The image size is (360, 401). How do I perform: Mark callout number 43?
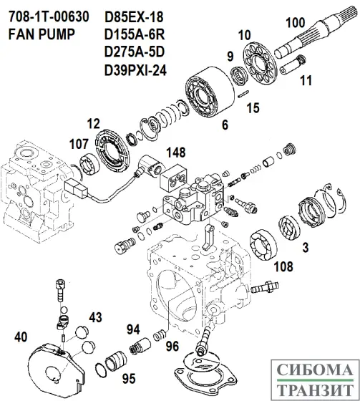coord(95,317)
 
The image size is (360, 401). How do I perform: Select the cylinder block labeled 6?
coord(208,92)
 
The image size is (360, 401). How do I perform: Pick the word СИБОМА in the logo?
coord(313,372)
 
